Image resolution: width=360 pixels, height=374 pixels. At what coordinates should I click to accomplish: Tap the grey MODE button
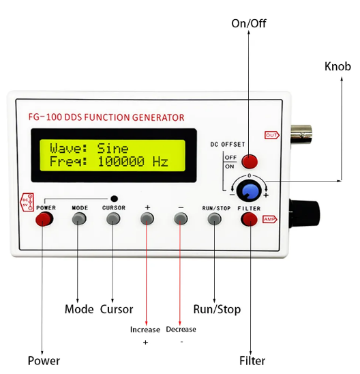click(79, 218)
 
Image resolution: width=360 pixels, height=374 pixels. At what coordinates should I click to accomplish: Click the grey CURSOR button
click(113, 218)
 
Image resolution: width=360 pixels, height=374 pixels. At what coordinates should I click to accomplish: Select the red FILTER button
click(250, 220)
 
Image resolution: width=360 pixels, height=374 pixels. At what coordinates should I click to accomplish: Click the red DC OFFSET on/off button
click(250, 162)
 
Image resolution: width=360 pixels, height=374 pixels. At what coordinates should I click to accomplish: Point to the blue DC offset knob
click(249, 191)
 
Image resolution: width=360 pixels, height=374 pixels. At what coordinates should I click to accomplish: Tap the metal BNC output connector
click(301, 134)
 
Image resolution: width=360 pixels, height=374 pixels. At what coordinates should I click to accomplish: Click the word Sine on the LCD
click(112, 148)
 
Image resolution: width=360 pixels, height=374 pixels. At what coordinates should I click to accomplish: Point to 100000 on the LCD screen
click(121, 161)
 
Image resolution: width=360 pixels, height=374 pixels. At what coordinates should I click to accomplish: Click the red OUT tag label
click(272, 135)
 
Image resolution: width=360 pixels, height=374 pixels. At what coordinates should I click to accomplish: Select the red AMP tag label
click(270, 219)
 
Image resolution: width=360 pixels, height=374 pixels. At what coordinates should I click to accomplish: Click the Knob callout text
click(337, 66)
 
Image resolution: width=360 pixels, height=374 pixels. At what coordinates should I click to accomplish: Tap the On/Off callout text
click(249, 23)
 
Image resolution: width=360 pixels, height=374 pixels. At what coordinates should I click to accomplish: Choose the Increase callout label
click(145, 330)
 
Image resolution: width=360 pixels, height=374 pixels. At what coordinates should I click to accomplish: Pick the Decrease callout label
click(181, 330)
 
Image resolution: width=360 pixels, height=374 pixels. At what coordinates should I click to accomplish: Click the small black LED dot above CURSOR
click(115, 199)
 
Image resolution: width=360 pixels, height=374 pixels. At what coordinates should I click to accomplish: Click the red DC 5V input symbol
click(27, 202)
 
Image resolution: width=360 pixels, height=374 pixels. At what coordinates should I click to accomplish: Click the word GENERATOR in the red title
click(158, 117)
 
